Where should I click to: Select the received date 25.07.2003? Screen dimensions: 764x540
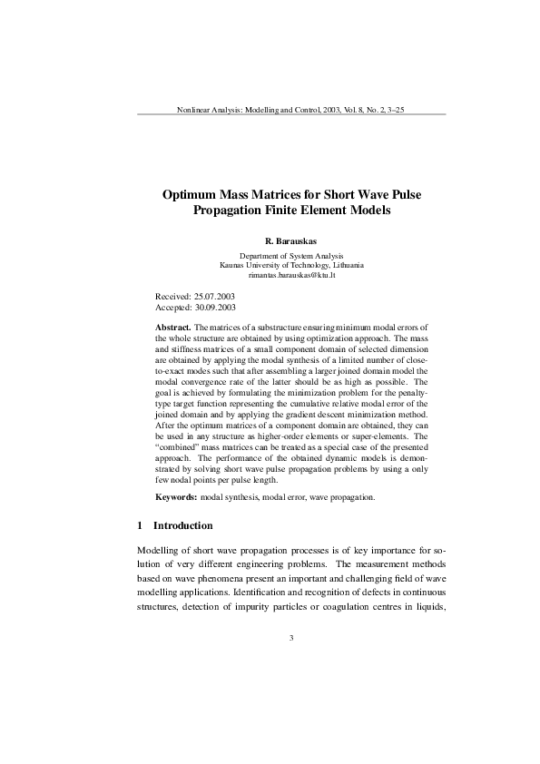click(215, 297)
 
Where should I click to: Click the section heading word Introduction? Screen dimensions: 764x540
click(183, 525)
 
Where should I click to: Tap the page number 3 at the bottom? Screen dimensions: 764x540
click(291, 638)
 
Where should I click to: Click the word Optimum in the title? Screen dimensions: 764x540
click(195, 195)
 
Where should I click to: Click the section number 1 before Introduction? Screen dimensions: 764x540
click(139, 525)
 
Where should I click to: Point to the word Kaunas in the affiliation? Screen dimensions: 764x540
click(232, 265)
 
